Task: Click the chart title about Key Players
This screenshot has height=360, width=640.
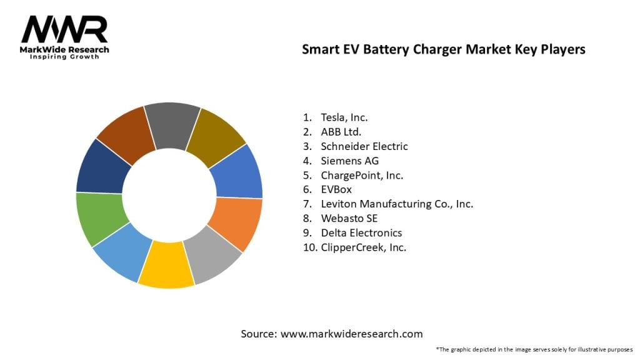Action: pyautogui.click(x=443, y=50)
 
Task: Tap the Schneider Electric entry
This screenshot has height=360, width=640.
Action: pyautogui.click(x=364, y=146)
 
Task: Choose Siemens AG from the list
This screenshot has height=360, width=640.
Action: pyautogui.click(x=349, y=161)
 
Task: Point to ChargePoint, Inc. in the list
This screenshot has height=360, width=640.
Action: pyautogui.click(x=362, y=175)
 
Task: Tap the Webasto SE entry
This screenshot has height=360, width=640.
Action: pyautogui.click(x=349, y=219)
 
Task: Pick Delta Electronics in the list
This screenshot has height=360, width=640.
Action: pyautogui.click(x=361, y=233)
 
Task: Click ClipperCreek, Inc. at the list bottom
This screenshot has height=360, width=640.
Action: pyautogui.click(x=363, y=247)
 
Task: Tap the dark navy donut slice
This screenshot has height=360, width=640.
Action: pyautogui.click(x=102, y=166)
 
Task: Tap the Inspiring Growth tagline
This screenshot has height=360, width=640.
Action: pyautogui.click(x=65, y=57)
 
